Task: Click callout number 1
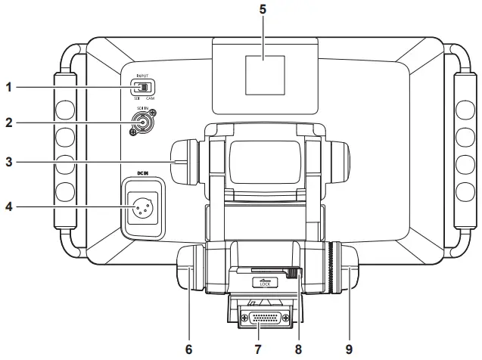coord(9,87)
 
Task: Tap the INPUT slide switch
coord(141,87)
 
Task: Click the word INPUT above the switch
coord(141,75)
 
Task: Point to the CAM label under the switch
coord(151,98)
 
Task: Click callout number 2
coord(9,122)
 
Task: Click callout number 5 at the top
coord(262,11)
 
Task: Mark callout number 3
coord(9,161)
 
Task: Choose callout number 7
coord(258,349)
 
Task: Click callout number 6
coord(188,349)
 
